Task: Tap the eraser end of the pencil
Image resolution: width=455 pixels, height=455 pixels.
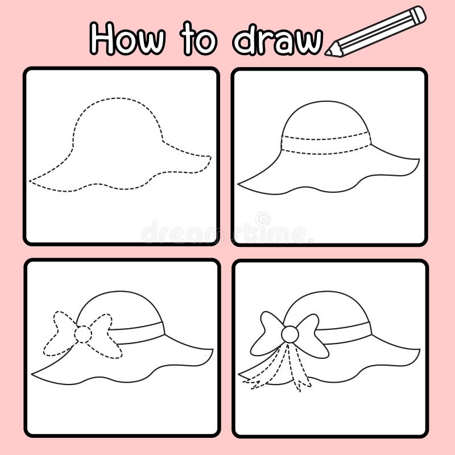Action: point(419,14)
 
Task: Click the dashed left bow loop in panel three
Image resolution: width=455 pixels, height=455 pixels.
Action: point(60,333)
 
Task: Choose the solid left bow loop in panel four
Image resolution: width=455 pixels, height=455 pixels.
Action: point(266,333)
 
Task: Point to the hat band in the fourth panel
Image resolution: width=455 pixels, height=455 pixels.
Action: point(347,332)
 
